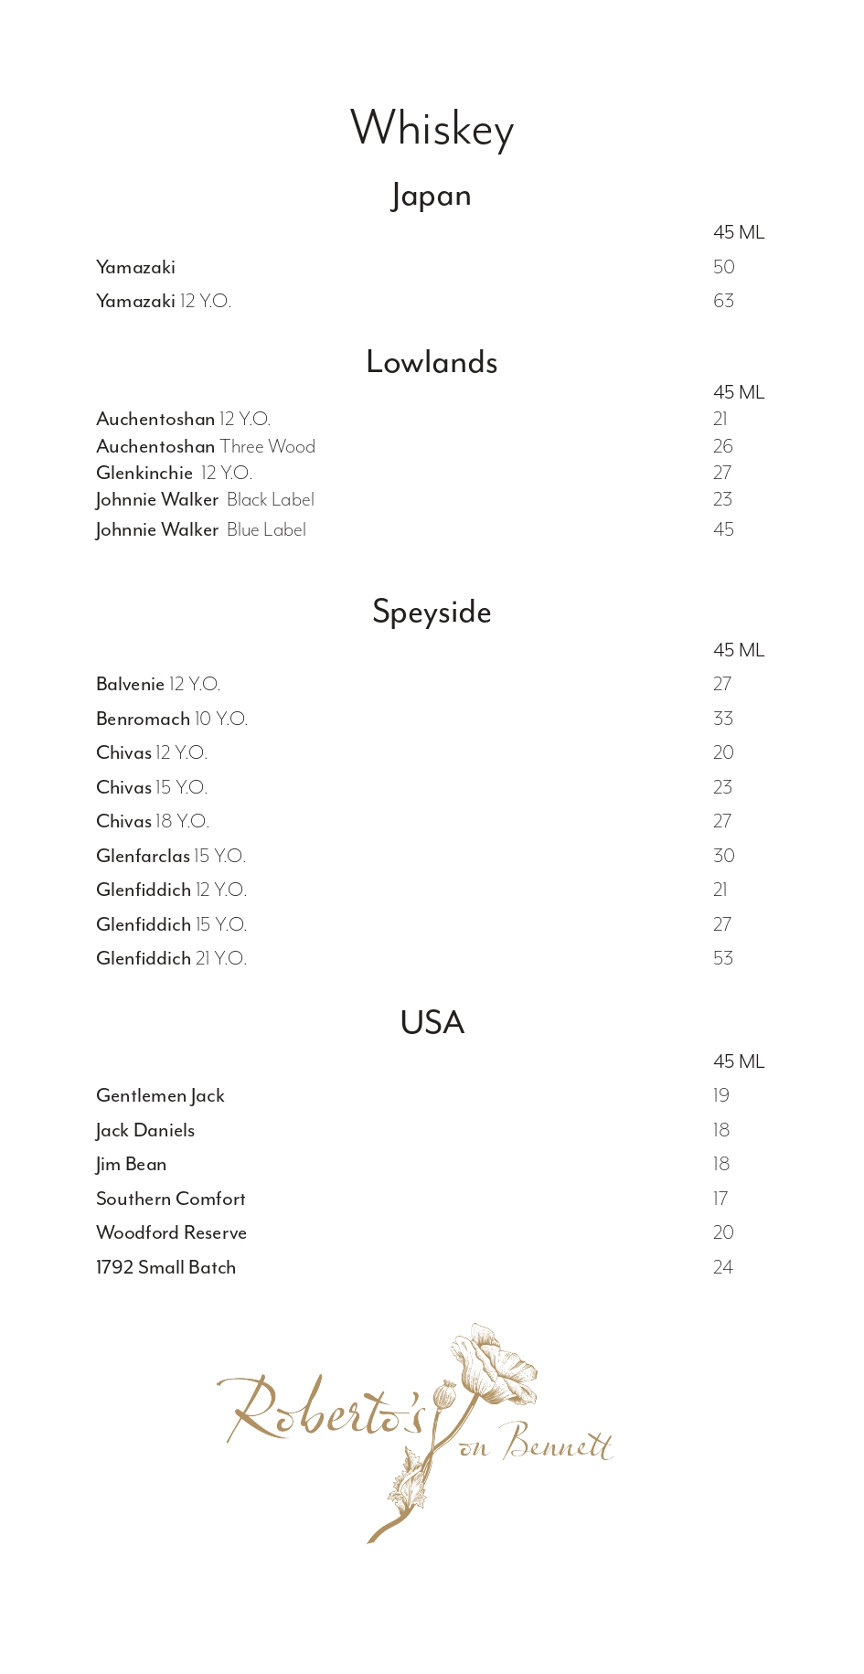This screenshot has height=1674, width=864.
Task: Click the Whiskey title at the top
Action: (432, 128)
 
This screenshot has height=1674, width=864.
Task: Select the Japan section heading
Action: (432, 196)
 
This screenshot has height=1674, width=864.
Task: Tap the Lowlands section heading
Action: (432, 362)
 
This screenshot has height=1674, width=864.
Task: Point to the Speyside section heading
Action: (432, 612)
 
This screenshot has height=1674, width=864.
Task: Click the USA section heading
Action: (432, 1022)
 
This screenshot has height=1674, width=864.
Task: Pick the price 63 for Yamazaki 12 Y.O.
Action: (723, 301)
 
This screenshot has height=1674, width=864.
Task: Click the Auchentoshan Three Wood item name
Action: (206, 446)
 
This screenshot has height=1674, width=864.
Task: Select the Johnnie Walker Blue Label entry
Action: (201, 529)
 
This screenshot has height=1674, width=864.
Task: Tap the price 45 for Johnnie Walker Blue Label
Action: (723, 529)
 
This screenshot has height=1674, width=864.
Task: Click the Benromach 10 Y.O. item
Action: (172, 719)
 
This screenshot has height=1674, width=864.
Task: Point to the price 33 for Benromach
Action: (723, 719)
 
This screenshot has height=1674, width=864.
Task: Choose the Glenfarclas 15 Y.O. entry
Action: (171, 856)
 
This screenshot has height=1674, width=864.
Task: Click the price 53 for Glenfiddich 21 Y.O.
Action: (723, 958)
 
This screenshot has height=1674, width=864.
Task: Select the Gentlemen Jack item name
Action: (160, 1095)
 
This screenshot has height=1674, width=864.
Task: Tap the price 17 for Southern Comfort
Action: (720, 1199)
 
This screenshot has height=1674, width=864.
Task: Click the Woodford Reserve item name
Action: (171, 1232)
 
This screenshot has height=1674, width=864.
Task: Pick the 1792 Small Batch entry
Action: (165, 1267)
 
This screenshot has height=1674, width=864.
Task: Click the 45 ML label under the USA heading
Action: (739, 1061)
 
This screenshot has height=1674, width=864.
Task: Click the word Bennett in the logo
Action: (558, 1444)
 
